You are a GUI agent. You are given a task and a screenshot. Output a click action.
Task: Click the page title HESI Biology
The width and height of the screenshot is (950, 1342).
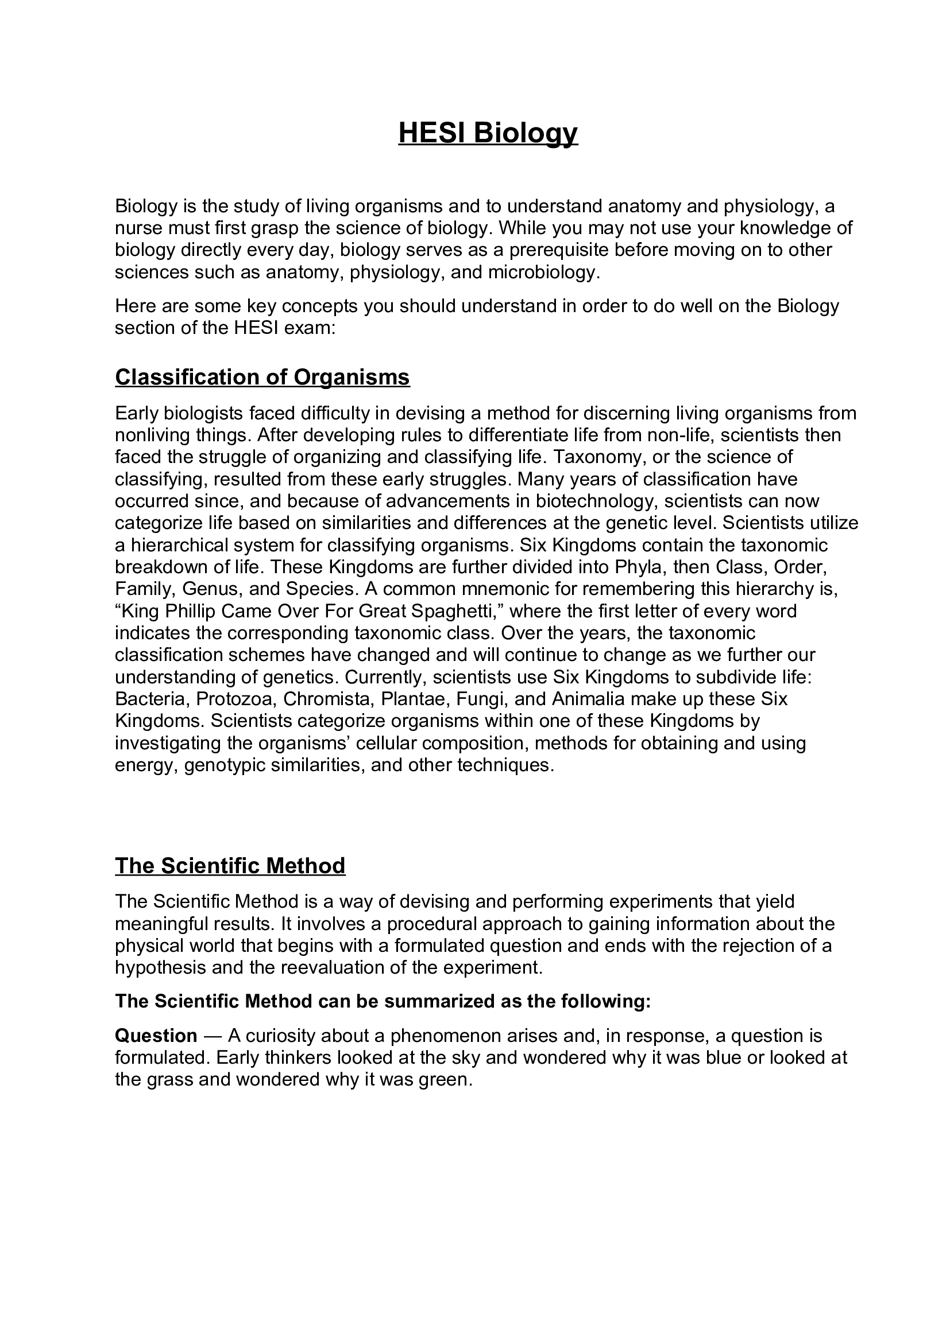tap(488, 133)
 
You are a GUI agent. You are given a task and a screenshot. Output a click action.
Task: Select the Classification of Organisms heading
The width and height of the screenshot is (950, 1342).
tap(262, 378)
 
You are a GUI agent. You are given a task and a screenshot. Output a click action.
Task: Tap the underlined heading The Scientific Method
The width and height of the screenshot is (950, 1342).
tap(230, 866)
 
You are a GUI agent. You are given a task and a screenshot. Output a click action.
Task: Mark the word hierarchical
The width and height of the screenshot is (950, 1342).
tap(183, 545)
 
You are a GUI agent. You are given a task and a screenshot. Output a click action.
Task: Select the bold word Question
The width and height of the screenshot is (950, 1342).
tap(156, 1036)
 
